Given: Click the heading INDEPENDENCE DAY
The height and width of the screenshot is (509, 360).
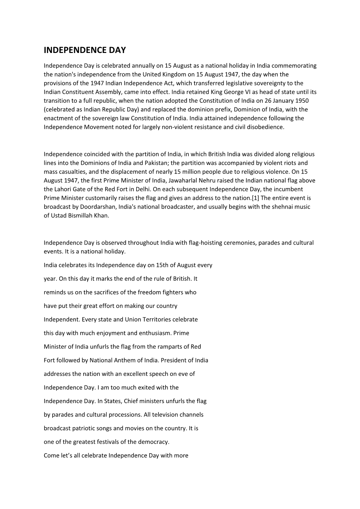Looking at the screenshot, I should point(85,50).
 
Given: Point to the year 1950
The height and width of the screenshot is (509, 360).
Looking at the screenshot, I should point(302,101).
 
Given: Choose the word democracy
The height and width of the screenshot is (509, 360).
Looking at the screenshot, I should point(154,442).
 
